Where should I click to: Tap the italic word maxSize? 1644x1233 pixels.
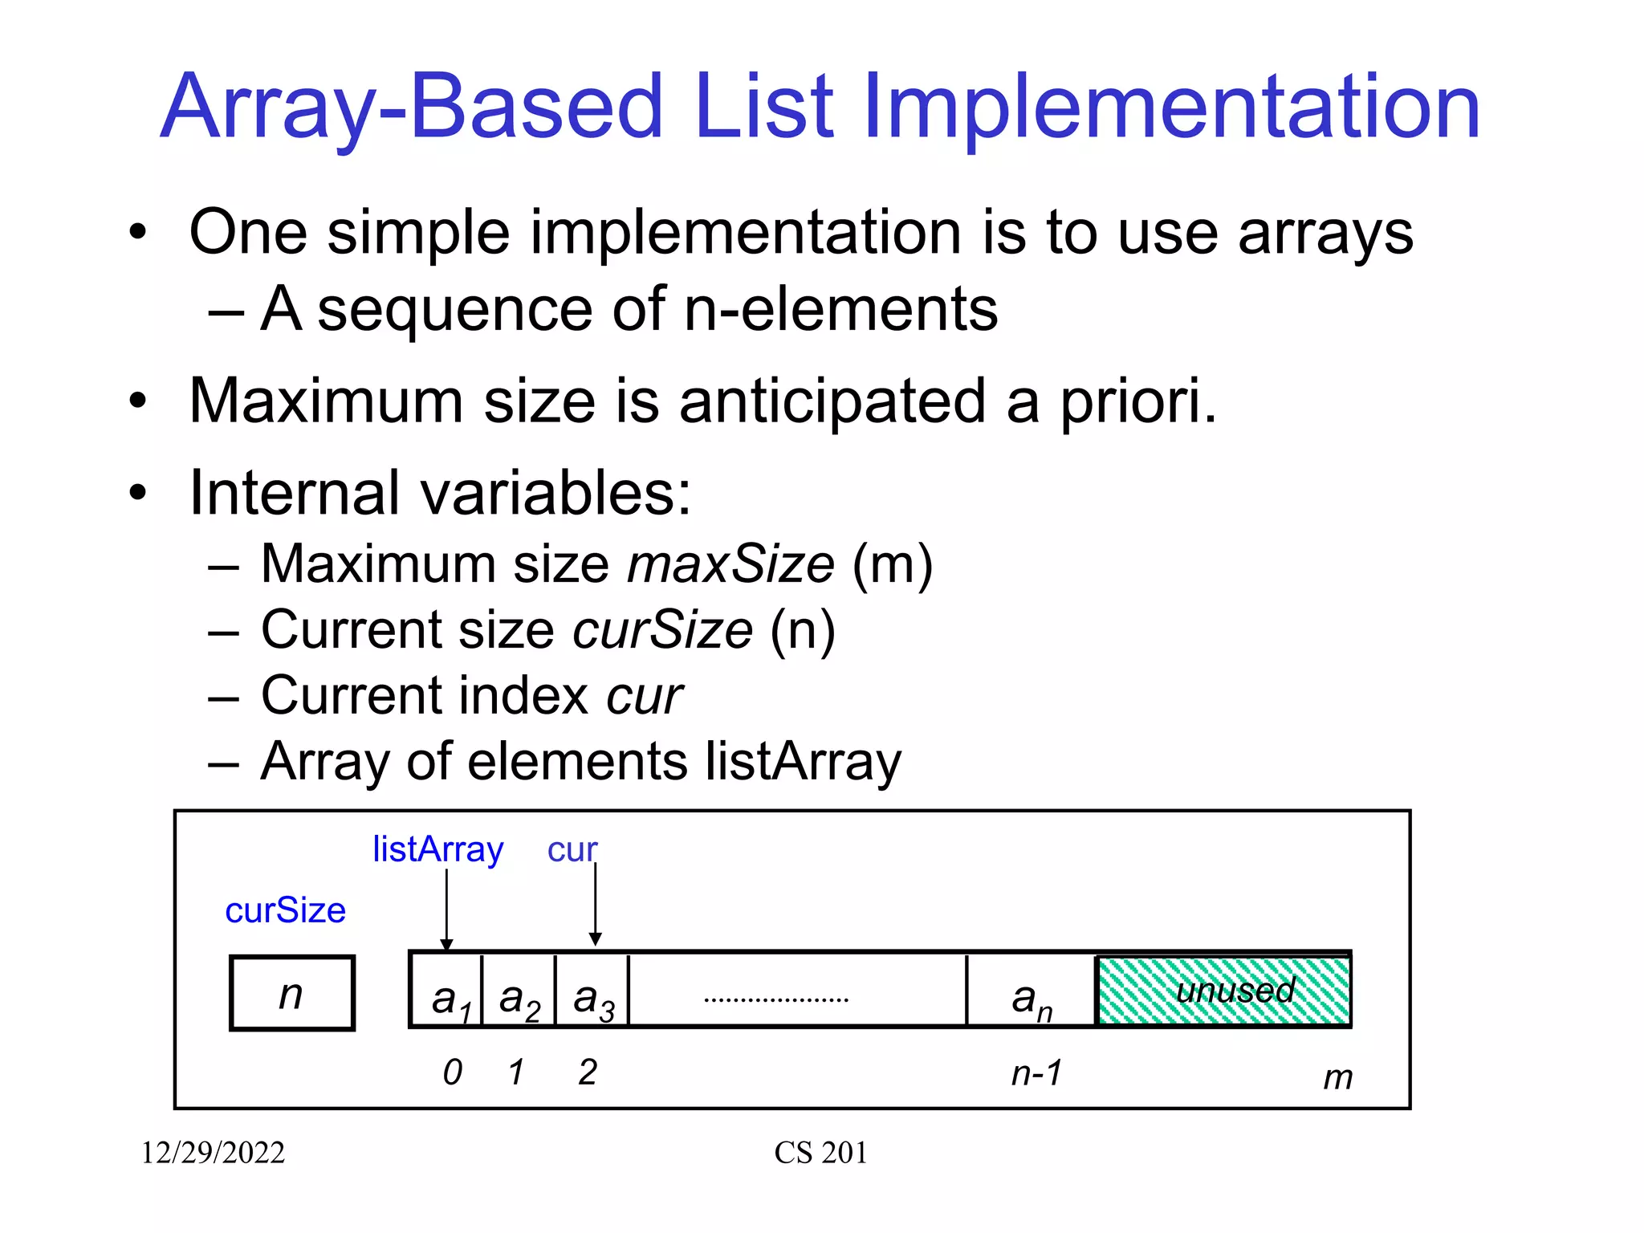click(730, 564)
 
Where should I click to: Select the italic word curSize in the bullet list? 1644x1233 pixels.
click(663, 630)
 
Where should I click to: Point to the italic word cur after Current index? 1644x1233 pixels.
click(645, 696)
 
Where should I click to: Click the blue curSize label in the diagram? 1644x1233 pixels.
click(285, 911)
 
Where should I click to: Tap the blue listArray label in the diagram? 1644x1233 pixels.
click(437, 849)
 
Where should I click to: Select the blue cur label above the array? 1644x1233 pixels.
click(572, 850)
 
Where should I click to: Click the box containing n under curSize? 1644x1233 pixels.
click(292, 994)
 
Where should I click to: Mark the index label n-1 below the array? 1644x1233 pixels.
click(1036, 1073)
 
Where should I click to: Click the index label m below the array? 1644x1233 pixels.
click(1337, 1078)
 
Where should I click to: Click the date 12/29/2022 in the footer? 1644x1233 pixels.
click(213, 1154)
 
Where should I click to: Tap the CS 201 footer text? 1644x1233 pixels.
click(820, 1154)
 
